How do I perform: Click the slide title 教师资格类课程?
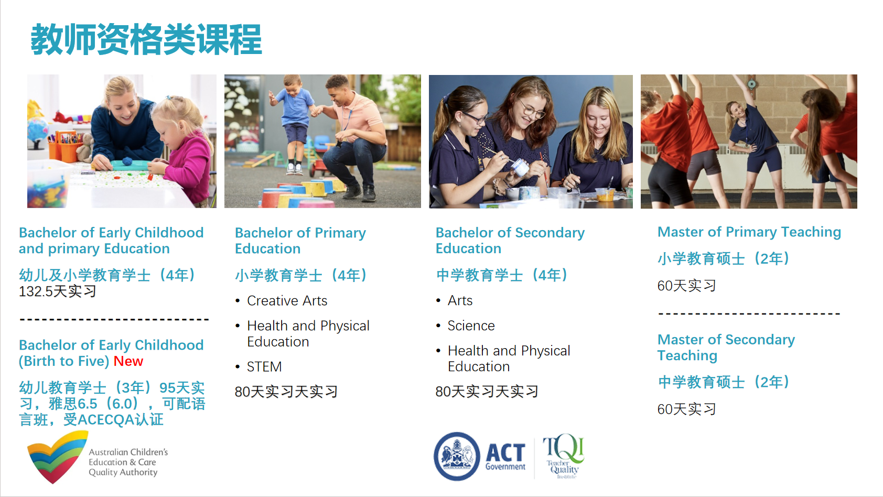tap(146, 39)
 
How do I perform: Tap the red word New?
tap(128, 361)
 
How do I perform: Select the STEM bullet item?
tap(264, 366)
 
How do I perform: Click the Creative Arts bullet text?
tap(287, 301)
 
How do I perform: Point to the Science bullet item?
tap(471, 326)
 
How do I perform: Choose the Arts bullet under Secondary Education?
tap(460, 300)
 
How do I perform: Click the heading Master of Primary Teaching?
tap(749, 232)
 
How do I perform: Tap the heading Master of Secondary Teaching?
tap(726, 347)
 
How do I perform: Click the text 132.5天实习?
tap(58, 291)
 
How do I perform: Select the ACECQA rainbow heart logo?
tap(58, 457)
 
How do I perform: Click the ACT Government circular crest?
tap(457, 457)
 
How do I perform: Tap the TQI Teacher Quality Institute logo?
tap(563, 457)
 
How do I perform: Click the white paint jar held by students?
tap(520, 168)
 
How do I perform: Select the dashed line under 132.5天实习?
tap(114, 319)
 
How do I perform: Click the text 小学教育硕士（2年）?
tap(724, 258)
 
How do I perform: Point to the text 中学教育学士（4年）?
tap(502, 275)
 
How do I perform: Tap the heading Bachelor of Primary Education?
tap(300, 241)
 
